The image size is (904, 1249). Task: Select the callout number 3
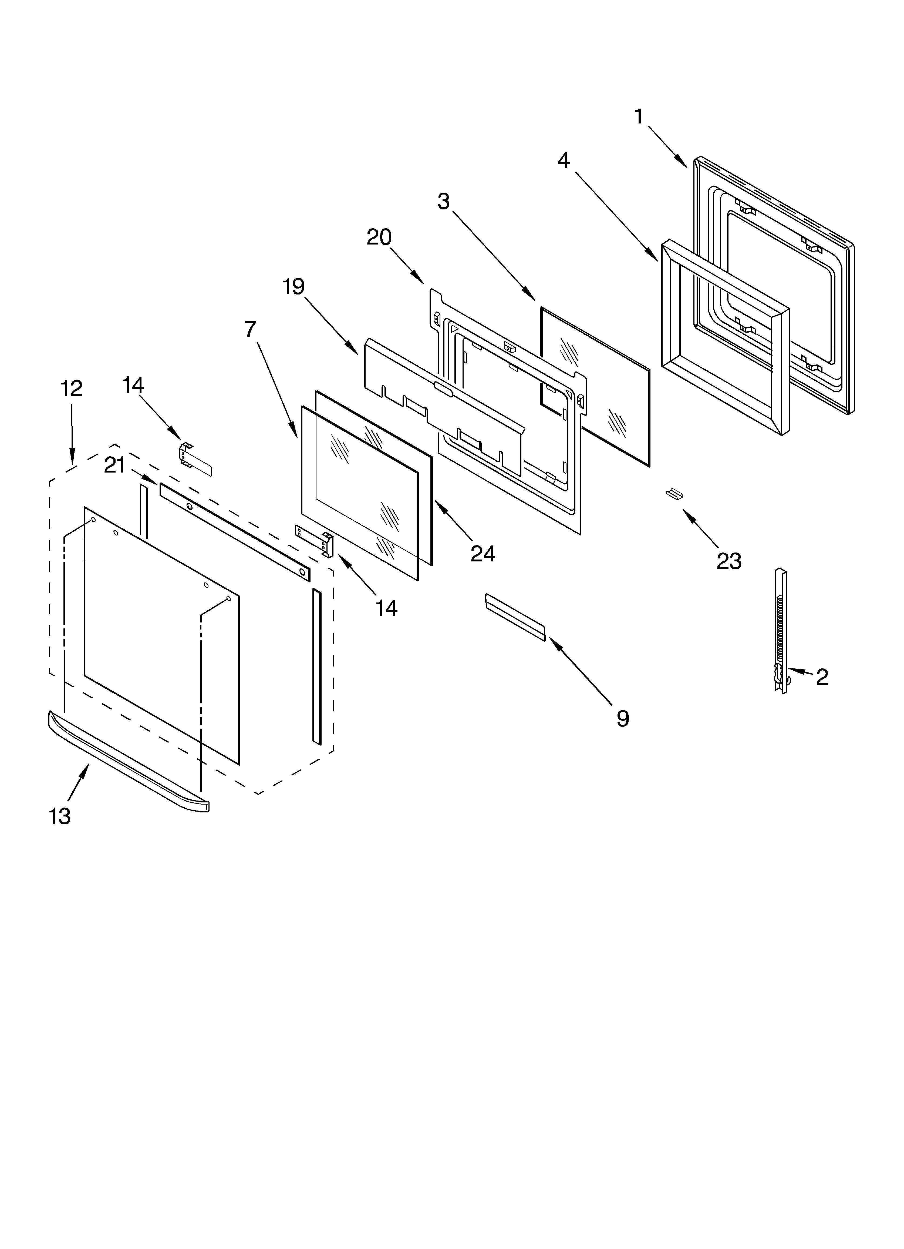[443, 202]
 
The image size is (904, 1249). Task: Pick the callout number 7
[250, 329]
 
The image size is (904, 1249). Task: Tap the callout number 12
[71, 389]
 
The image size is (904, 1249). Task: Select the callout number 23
[728, 561]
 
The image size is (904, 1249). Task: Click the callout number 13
[59, 816]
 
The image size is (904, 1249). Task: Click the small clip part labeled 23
[674, 493]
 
